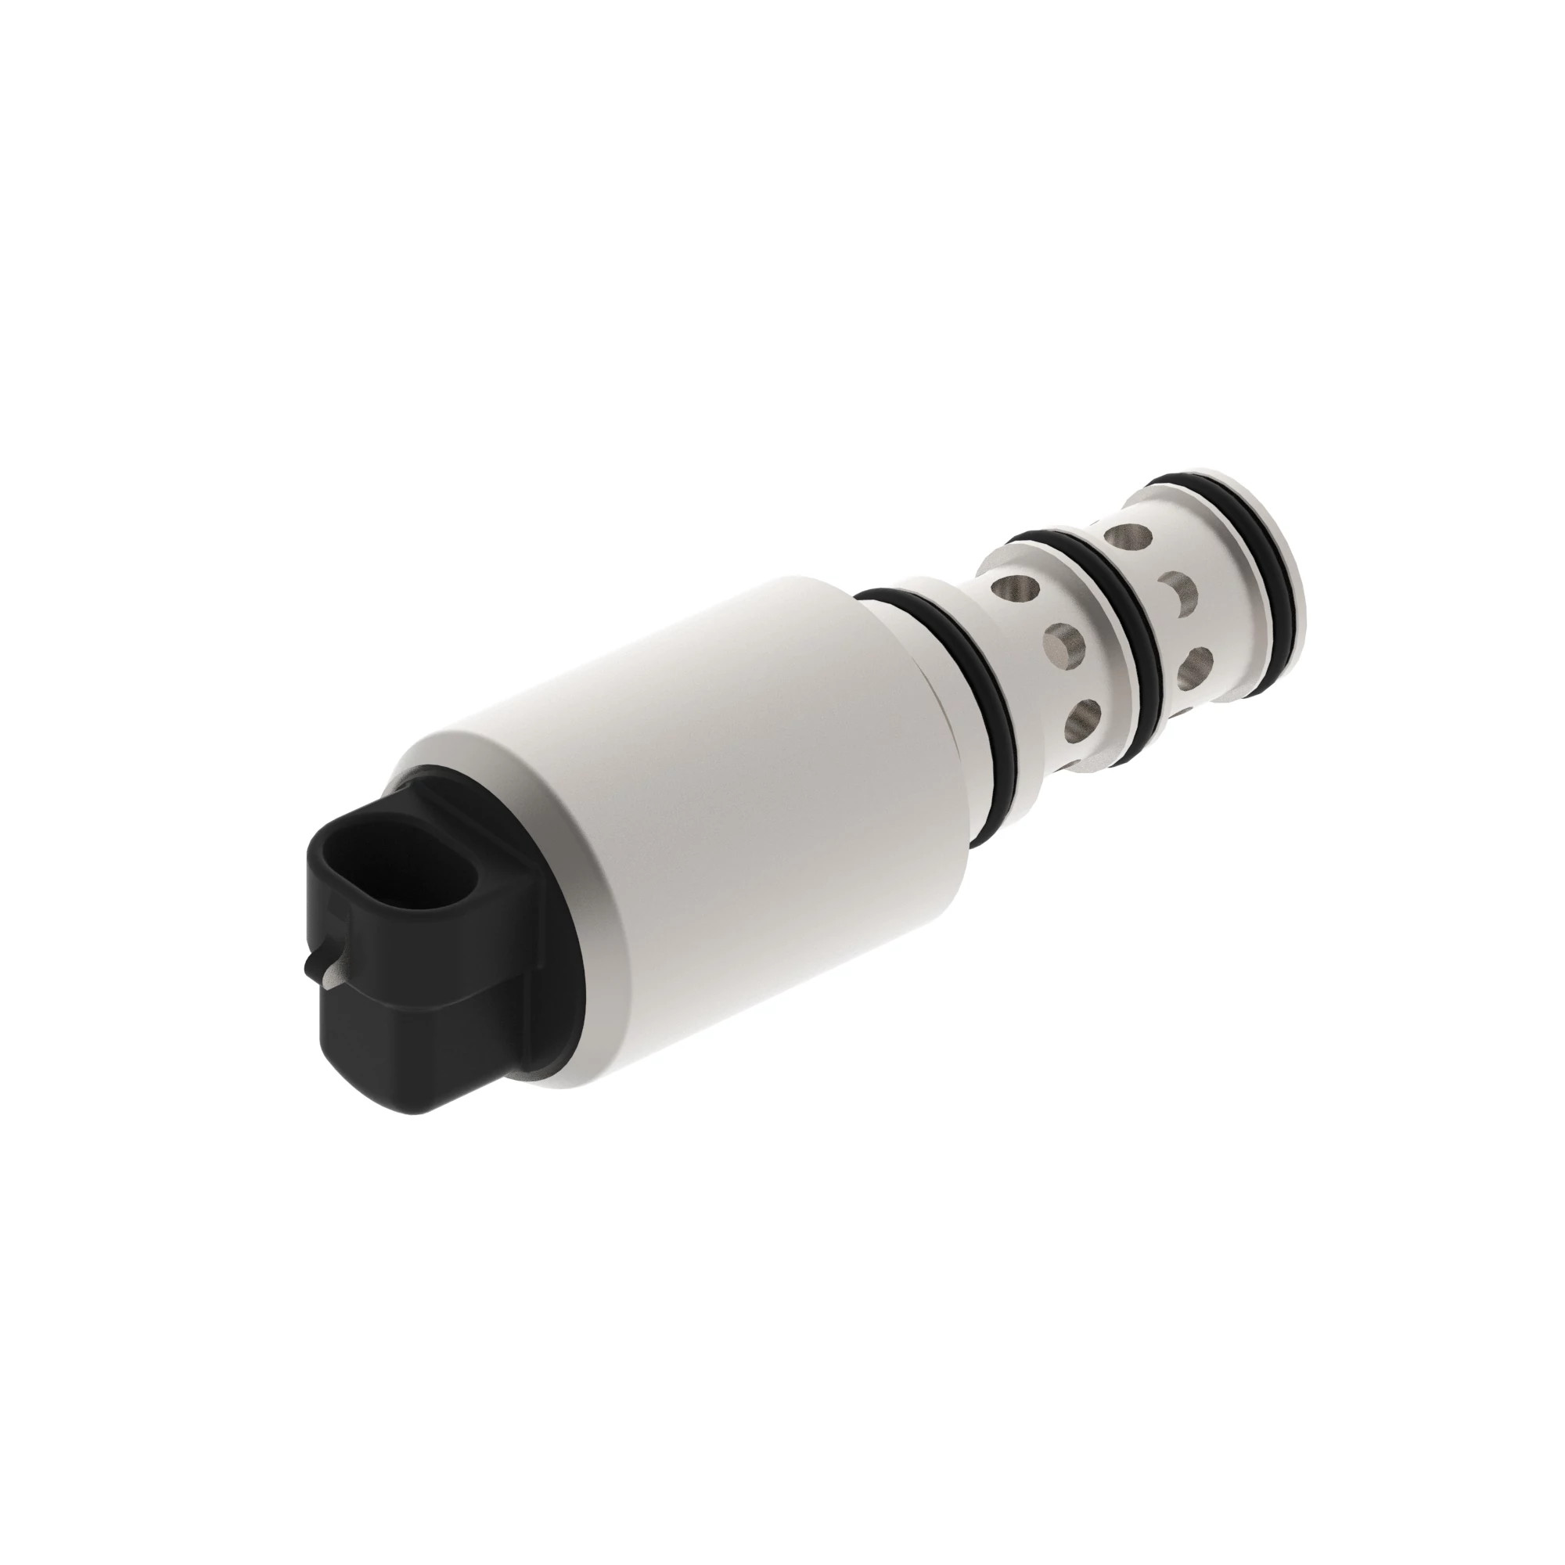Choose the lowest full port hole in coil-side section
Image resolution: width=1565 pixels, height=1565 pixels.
[1085, 713]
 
